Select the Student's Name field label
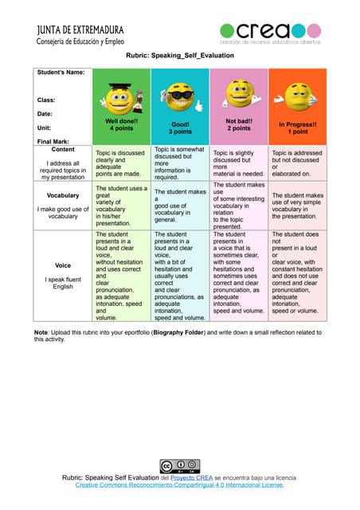(x=61, y=73)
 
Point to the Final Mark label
(x=53, y=141)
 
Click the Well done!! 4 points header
(x=121, y=124)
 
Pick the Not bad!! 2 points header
(x=238, y=124)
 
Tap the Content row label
(x=63, y=149)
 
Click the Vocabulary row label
(x=63, y=195)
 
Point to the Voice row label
(x=63, y=265)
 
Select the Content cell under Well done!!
(x=121, y=162)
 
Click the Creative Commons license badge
(x=179, y=465)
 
